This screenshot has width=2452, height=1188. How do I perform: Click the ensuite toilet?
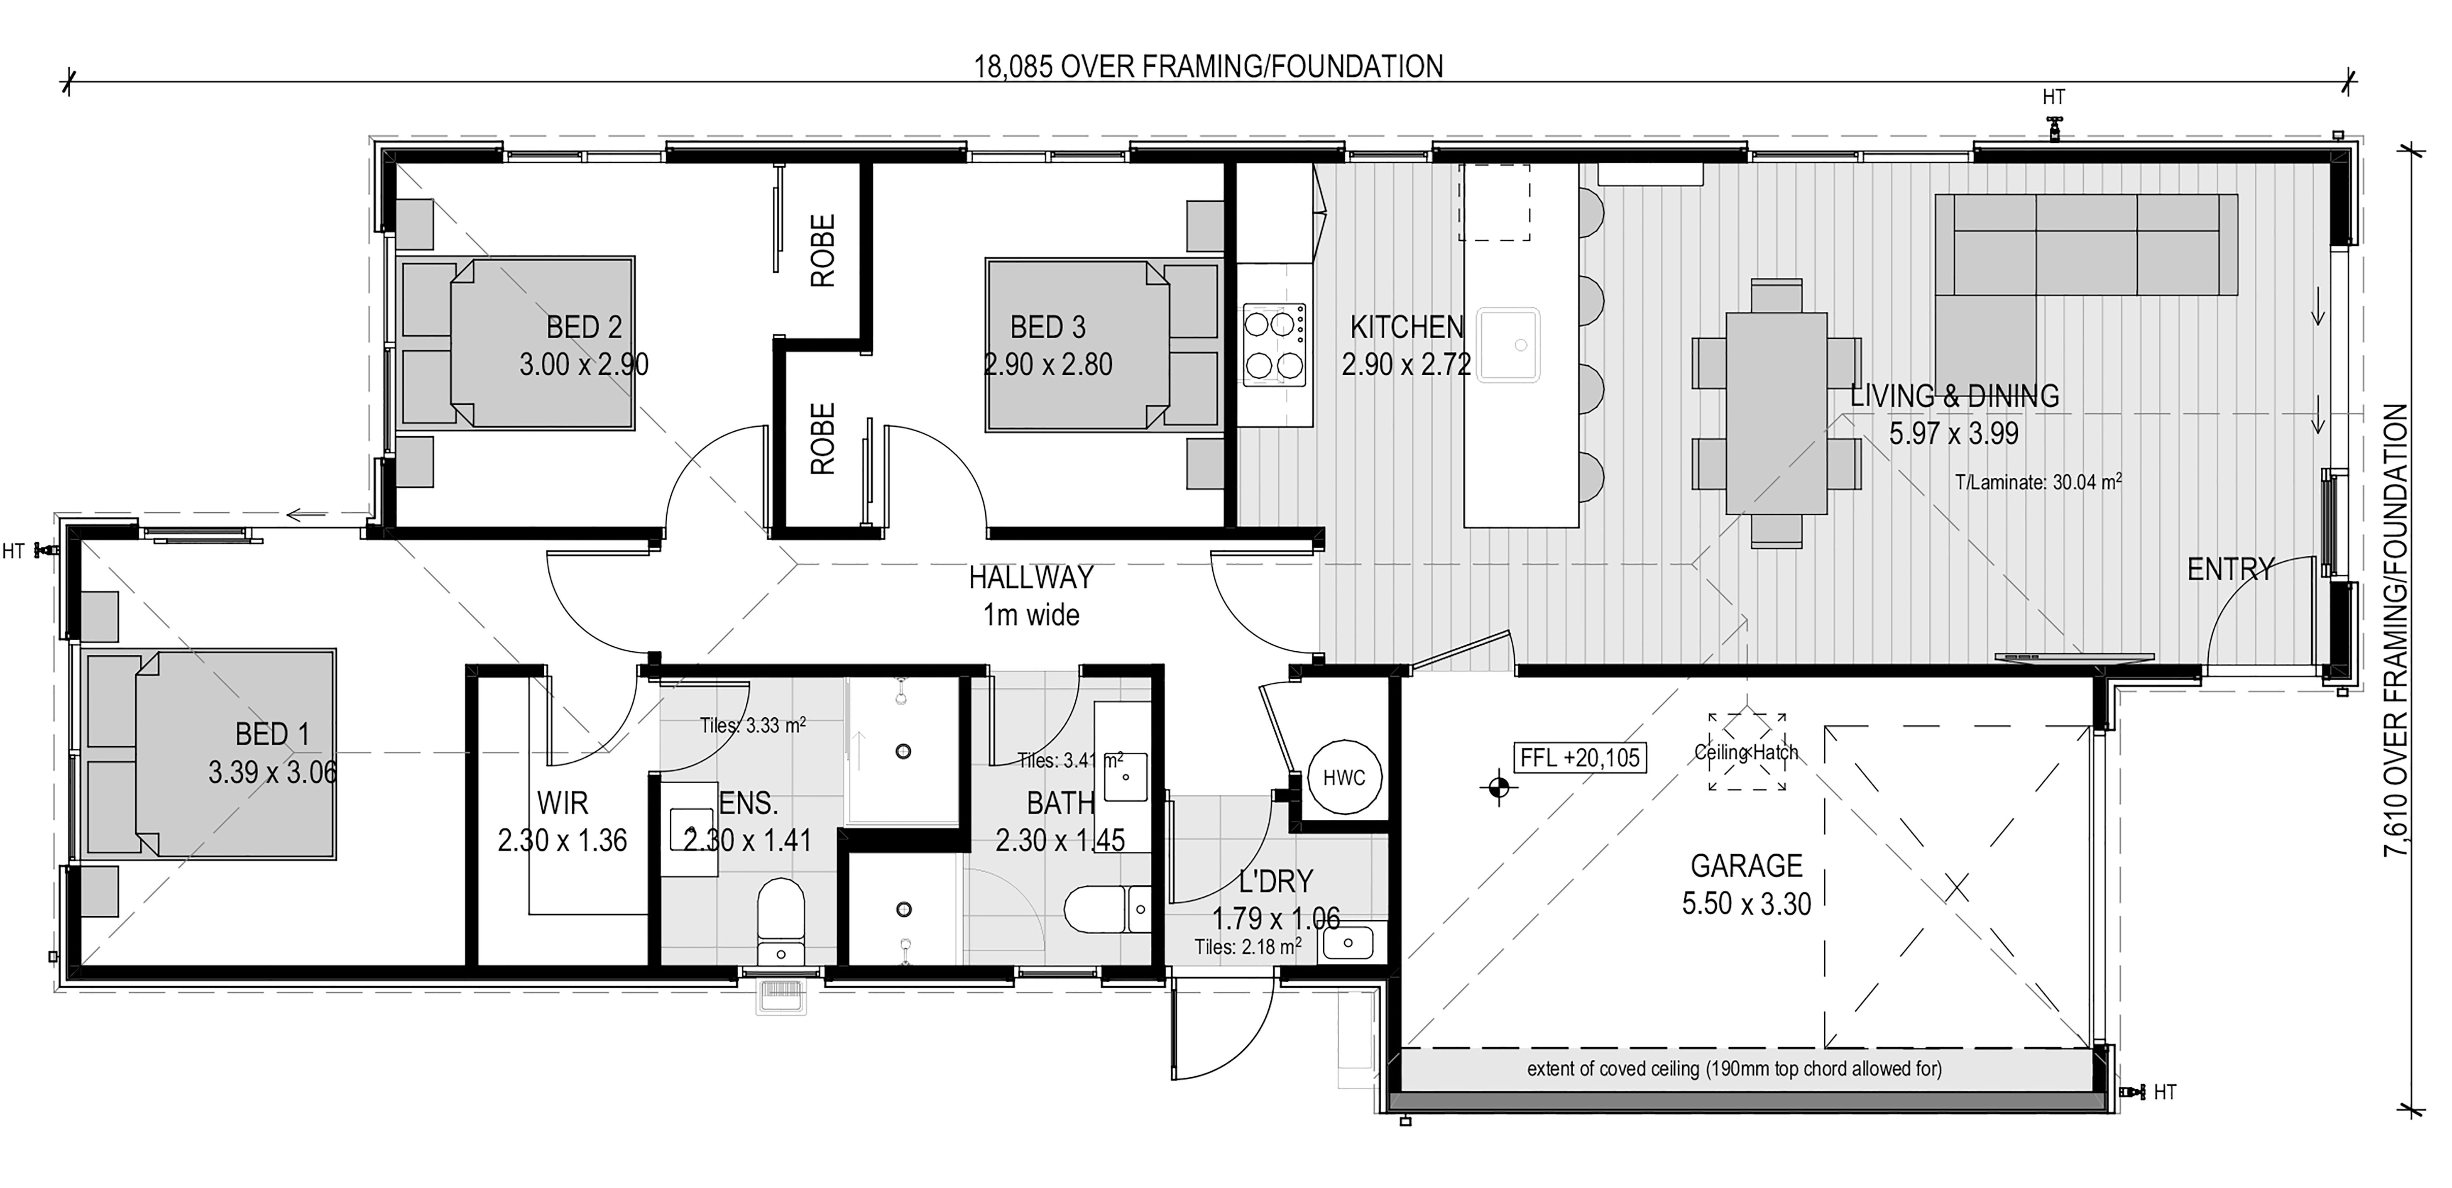point(781,922)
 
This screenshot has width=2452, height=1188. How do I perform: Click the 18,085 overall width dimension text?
point(1208,67)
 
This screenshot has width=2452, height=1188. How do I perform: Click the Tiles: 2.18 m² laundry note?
point(1248,947)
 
